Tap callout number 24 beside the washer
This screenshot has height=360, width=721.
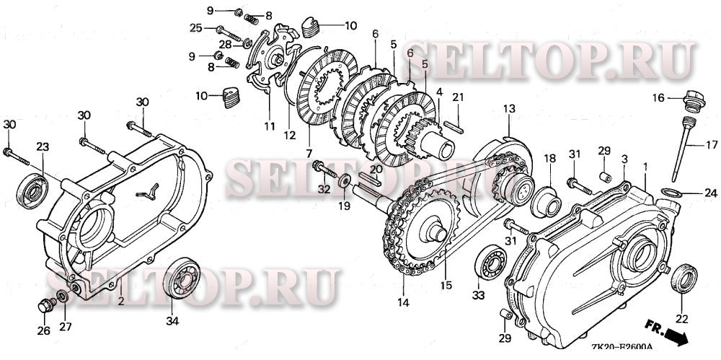[711, 193]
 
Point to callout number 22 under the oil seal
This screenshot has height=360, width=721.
[681, 318]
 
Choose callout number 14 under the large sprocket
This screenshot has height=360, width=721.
[402, 303]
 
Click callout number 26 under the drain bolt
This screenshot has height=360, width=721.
[43, 331]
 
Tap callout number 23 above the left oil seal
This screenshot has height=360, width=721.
[43, 146]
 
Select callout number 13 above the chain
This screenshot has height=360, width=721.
[509, 108]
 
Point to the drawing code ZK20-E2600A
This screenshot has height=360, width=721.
[621, 348]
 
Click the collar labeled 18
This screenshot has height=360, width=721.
[548, 195]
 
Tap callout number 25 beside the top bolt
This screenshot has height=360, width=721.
[195, 27]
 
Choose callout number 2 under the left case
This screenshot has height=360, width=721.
[121, 299]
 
